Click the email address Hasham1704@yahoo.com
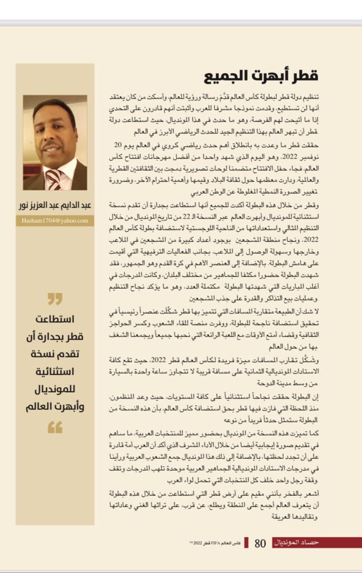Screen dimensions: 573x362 [55, 221]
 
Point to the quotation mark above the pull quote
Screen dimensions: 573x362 [55, 299]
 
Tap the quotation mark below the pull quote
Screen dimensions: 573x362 [55, 429]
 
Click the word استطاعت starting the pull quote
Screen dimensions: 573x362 [55, 321]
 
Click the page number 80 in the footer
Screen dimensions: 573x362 [261, 543]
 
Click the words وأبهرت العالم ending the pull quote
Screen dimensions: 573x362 [55, 407]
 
